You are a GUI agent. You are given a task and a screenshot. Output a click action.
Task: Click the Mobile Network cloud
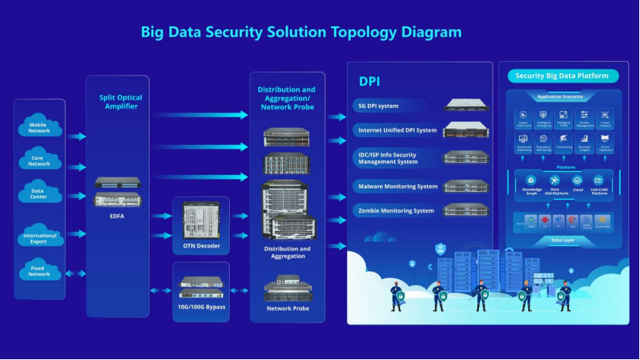tap(39, 127)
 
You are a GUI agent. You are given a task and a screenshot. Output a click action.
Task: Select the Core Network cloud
tap(39, 160)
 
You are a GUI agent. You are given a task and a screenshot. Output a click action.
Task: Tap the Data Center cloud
tap(39, 193)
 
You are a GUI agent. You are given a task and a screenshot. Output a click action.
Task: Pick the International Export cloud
tap(39, 237)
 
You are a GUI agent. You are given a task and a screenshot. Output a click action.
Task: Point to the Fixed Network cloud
tap(39, 271)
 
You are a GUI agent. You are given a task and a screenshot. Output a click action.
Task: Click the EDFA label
tap(117, 217)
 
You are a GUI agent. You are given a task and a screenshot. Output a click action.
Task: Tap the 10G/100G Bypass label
tap(201, 307)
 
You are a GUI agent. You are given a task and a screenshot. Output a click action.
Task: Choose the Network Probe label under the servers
tap(287, 308)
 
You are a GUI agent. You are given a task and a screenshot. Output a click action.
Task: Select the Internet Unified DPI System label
tap(396, 130)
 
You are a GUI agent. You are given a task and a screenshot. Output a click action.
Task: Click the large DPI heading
tap(369, 81)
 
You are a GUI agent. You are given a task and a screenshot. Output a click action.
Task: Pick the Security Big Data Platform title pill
tap(561, 76)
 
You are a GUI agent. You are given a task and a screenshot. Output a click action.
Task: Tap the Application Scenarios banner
tap(561, 97)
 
